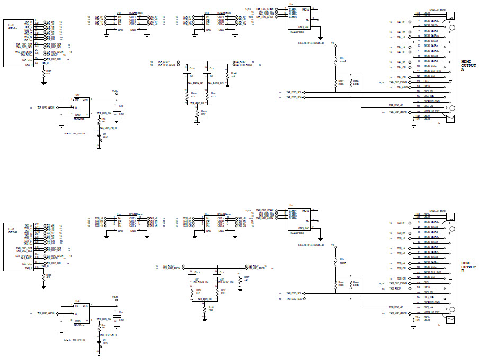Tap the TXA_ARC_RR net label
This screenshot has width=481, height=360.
click(x=198, y=104)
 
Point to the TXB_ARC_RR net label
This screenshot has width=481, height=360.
click(x=205, y=300)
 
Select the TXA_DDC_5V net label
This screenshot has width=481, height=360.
click(x=396, y=105)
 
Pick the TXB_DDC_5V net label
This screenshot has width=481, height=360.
click(x=396, y=307)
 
